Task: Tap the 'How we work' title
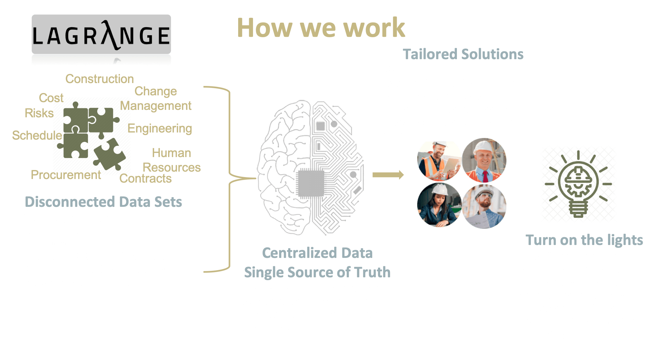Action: [321, 28]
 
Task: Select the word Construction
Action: [100, 79]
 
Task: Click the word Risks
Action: [39, 113]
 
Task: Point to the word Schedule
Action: [37, 135]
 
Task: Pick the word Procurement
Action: [66, 175]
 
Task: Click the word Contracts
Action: [145, 178]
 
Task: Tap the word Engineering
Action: [160, 128]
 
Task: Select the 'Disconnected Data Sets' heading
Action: [103, 202]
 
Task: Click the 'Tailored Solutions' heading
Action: [463, 54]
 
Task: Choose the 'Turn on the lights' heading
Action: [584, 240]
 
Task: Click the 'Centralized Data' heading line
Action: [317, 253]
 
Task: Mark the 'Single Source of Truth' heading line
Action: [317, 272]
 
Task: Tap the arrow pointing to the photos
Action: [388, 175]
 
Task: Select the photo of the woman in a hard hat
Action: [439, 205]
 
